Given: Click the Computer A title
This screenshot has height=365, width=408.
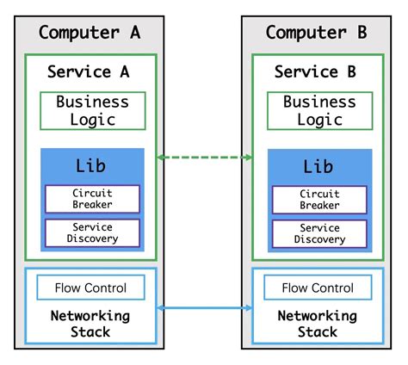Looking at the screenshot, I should click(x=90, y=33).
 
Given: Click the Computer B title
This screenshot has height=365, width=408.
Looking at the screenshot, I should click(x=317, y=33).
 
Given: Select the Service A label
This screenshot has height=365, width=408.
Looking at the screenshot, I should click(x=90, y=71).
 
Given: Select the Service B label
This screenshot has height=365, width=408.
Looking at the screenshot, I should click(x=317, y=71).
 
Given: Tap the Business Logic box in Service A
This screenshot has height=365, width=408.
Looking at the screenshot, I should click(x=93, y=110).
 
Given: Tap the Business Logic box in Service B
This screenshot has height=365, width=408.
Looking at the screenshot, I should click(x=320, y=110).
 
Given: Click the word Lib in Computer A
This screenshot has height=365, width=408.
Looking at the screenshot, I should click(x=91, y=165).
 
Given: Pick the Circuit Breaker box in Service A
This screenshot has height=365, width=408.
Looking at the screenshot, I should click(x=91, y=200).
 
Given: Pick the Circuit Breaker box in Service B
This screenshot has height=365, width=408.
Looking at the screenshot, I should click(x=319, y=200).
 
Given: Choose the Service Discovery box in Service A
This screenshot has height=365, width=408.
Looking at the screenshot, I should click(x=91, y=232).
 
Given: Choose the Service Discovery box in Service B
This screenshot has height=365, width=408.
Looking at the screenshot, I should click(x=319, y=232).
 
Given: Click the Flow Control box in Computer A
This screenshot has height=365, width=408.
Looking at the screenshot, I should click(x=90, y=288).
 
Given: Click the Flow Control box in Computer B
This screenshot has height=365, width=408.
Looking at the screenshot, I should click(x=318, y=288).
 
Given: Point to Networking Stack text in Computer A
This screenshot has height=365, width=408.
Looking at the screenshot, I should click(x=90, y=324).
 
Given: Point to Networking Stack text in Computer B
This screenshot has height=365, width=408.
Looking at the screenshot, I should click(x=318, y=324).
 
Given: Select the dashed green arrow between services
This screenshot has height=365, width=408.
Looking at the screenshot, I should click(x=204, y=158).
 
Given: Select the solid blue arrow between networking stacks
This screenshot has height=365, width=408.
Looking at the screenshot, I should click(x=204, y=307).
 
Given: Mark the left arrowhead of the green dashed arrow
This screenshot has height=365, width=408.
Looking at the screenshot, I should click(x=161, y=158).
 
